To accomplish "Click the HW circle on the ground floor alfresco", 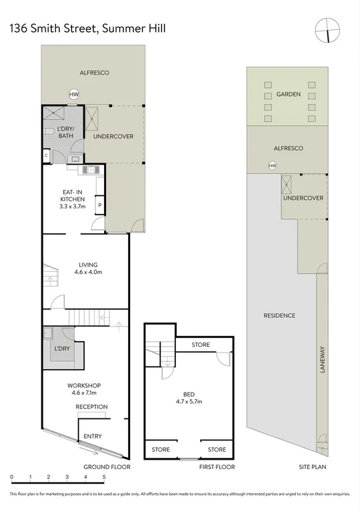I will point(74,95).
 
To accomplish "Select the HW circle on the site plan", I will point(272,165).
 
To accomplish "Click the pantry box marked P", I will point(99,206).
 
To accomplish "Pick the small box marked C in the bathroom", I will point(46,156).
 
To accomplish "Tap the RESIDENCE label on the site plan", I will point(279,316).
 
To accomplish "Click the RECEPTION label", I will point(91,407).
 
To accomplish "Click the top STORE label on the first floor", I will point(201,345).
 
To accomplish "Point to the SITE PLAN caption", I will point(312,468).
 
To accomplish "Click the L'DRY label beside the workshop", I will point(62,348).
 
